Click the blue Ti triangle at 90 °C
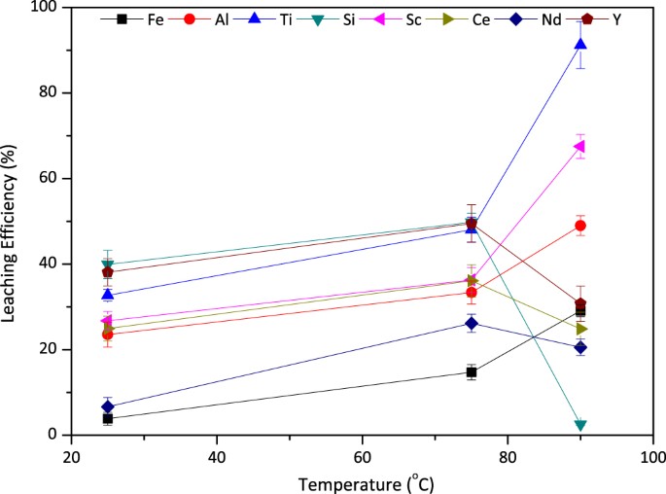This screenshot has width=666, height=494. point(580,44)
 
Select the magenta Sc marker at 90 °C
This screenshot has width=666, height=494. point(580,147)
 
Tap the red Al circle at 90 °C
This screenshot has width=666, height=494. point(580,226)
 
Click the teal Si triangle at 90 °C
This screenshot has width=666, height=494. point(580,425)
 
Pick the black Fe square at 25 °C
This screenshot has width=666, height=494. point(108,418)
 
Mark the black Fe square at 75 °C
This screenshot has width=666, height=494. point(472,371)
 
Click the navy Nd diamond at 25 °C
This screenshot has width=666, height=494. point(108,406)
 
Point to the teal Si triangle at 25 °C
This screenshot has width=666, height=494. point(108,265)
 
